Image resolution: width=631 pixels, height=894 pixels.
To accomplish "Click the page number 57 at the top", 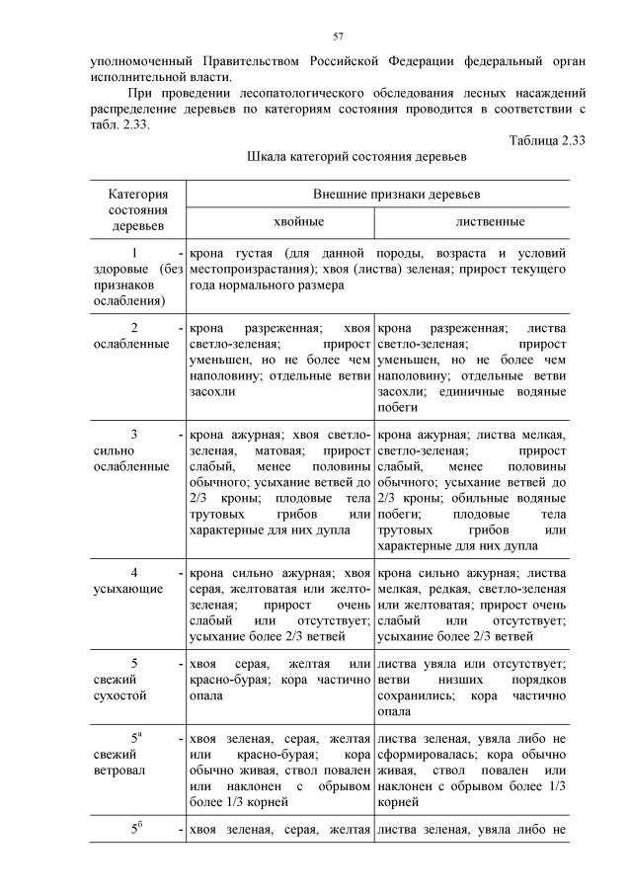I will [337, 37].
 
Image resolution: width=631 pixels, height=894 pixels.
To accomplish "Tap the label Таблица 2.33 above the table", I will [547, 140].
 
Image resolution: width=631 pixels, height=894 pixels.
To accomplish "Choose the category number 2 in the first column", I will [133, 328].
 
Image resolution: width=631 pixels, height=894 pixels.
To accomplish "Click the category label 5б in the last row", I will [136, 828].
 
